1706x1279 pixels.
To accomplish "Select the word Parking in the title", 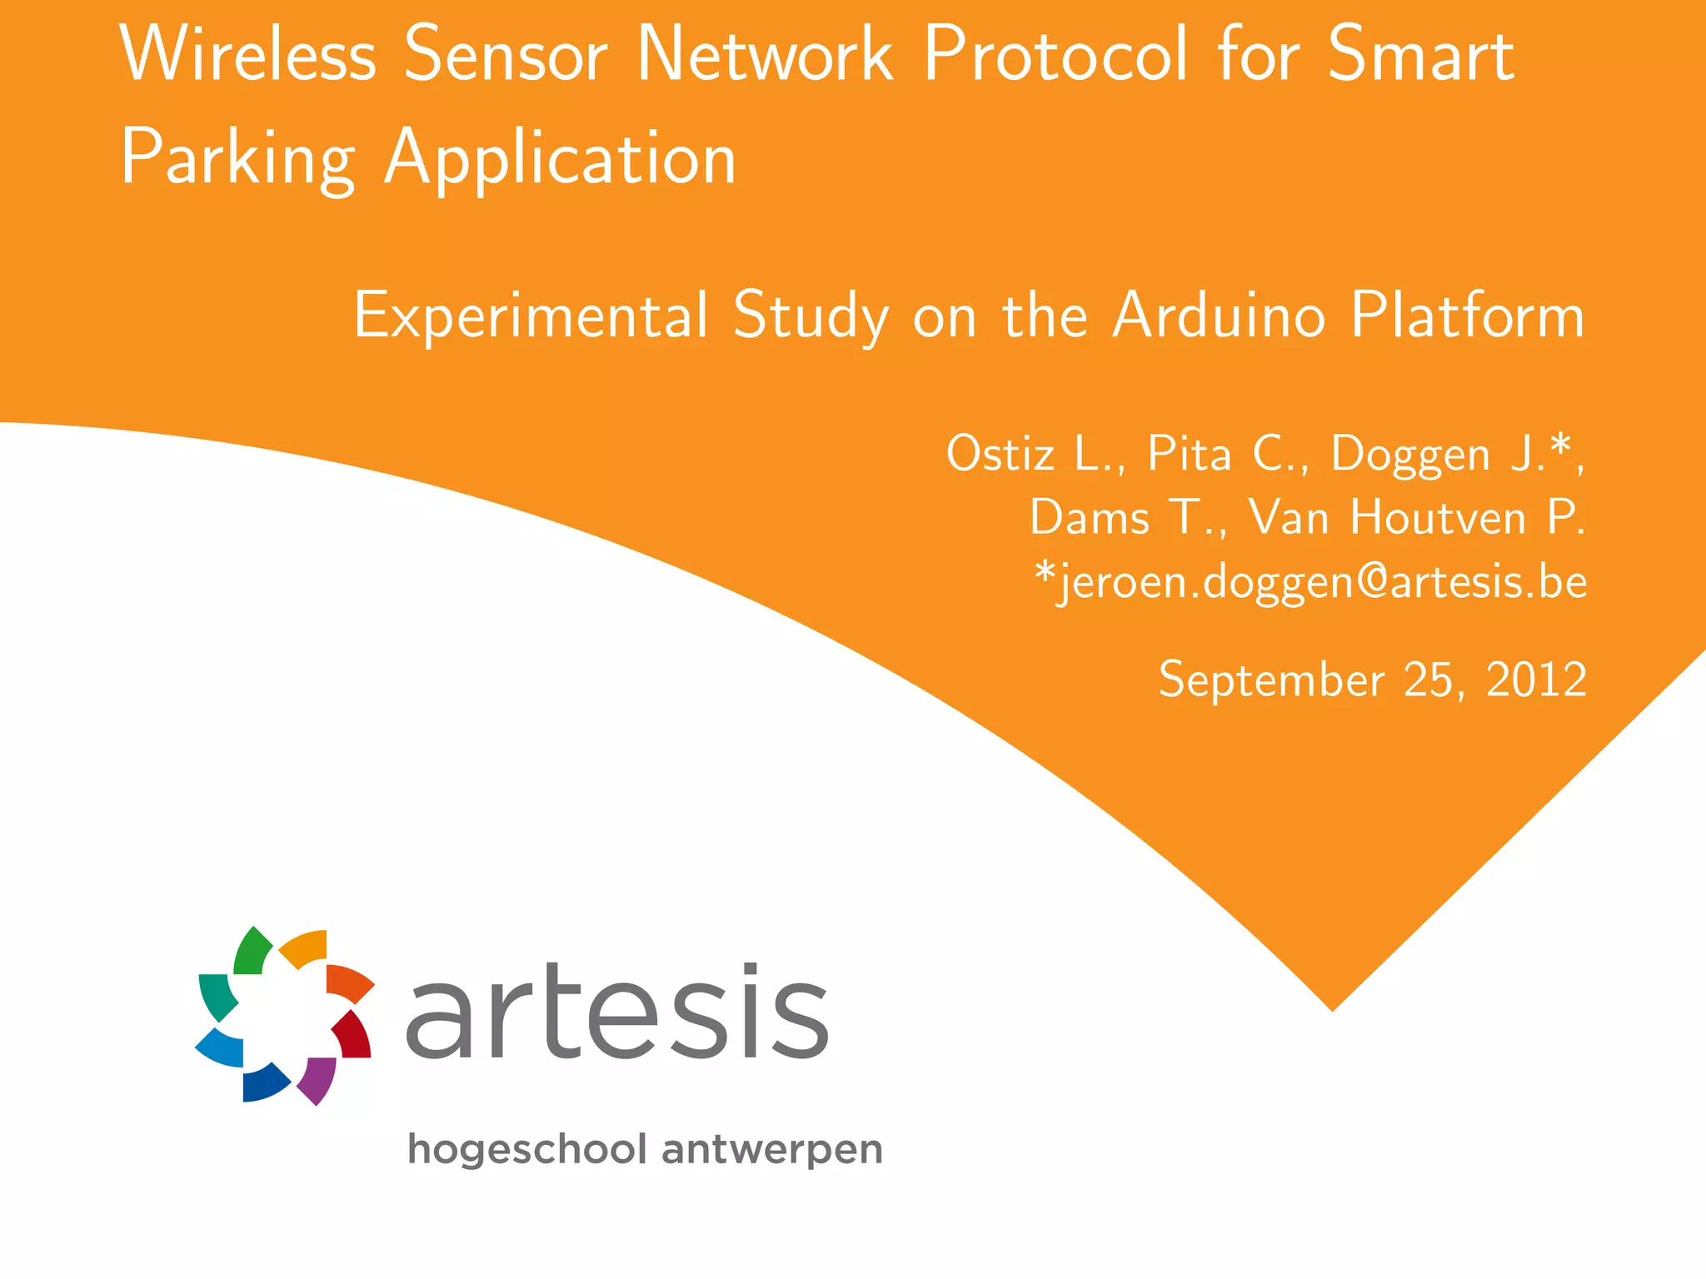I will pos(238,158).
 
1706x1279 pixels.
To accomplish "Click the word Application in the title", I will pos(561,158).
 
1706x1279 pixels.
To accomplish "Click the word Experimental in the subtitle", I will pos(531,316).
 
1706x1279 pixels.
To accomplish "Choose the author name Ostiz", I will pos(1000,455).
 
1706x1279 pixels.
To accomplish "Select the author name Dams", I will pos(1089,518).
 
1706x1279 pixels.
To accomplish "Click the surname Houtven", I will pos(1439,518).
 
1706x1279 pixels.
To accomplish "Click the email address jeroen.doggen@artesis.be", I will pos(1310,581).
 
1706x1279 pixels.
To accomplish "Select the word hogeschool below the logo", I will pos(526,1150).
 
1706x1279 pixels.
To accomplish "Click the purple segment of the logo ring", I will pos(317,1079).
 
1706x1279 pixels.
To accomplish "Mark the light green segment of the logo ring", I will pos(251,952).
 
